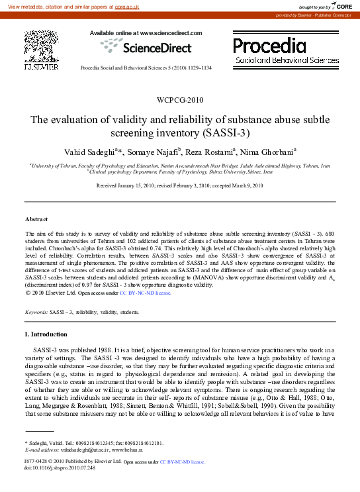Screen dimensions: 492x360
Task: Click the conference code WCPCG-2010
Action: click(x=180, y=101)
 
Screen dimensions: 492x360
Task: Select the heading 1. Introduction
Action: click(x=46, y=334)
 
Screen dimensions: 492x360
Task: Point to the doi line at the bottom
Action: click(x=60, y=467)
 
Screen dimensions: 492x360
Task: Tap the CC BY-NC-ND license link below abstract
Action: click(x=146, y=291)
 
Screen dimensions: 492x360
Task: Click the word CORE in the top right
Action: click(x=344, y=6)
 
